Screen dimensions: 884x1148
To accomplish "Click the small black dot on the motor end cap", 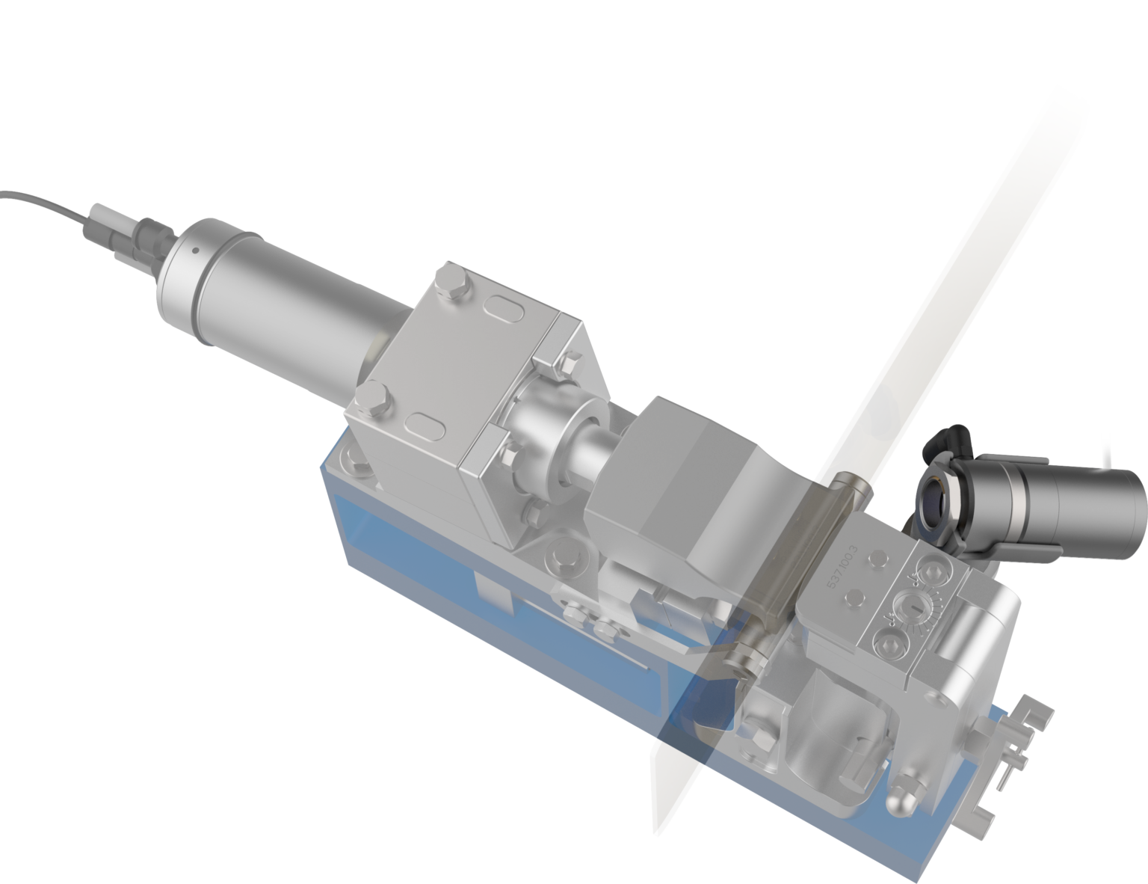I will (x=193, y=251).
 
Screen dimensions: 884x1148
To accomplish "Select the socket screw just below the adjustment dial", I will (x=892, y=643).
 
